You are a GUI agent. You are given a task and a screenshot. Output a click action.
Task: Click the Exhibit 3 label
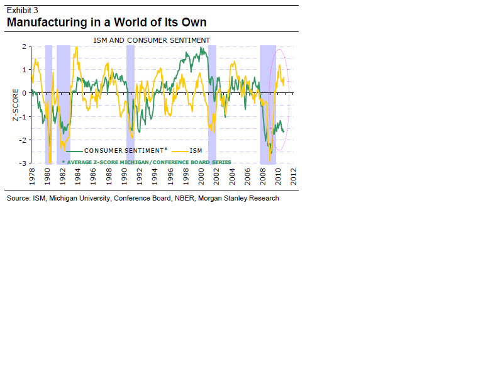(22, 9)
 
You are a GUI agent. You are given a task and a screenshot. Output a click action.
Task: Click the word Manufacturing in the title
(47, 23)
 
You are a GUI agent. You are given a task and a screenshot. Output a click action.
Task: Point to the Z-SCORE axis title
(15, 106)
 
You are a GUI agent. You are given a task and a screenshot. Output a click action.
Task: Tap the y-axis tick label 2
(24, 47)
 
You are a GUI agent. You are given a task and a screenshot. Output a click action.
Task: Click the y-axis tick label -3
(23, 163)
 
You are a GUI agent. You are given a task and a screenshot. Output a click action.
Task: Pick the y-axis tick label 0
(24, 93)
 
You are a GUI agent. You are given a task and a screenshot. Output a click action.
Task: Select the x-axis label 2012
(294, 176)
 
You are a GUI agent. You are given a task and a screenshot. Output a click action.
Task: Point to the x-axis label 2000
(201, 176)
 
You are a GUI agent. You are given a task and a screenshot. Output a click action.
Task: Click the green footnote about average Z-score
(147, 162)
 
